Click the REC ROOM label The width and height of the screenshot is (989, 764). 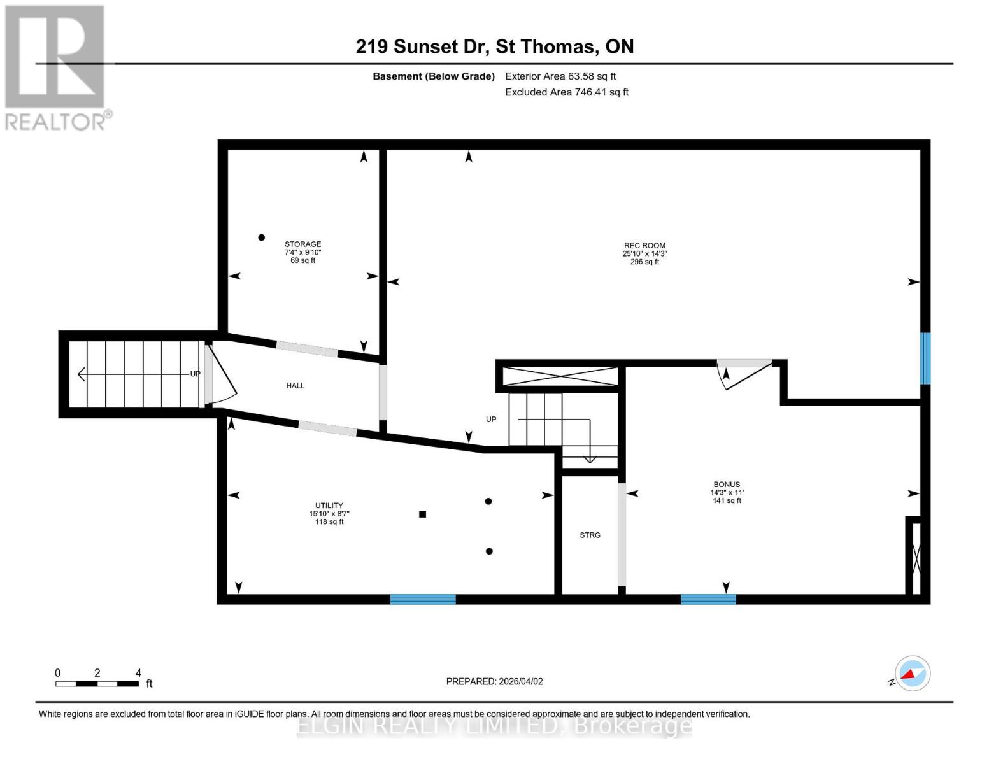point(644,246)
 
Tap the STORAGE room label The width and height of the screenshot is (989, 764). point(302,244)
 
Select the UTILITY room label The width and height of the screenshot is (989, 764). point(329,506)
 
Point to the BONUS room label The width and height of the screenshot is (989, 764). point(727,485)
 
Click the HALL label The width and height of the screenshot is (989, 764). point(295,386)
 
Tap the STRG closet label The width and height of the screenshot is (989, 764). point(590,535)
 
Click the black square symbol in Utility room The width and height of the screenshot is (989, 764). point(422,514)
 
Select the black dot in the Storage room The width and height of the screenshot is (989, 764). point(261,237)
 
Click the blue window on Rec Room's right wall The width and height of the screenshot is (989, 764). point(925,358)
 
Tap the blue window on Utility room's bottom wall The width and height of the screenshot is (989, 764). point(423,599)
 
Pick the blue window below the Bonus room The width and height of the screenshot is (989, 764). point(708,599)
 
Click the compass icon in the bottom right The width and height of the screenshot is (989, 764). point(912,674)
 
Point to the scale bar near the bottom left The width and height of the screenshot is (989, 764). point(97,684)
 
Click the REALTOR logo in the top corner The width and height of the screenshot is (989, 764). point(56,67)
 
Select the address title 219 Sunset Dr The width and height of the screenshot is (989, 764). point(494,46)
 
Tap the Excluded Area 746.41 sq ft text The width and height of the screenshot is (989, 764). point(566,92)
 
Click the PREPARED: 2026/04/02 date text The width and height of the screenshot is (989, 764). point(494,681)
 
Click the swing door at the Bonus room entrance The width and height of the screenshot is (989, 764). point(742,373)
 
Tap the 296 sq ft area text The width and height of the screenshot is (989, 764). point(644,262)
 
